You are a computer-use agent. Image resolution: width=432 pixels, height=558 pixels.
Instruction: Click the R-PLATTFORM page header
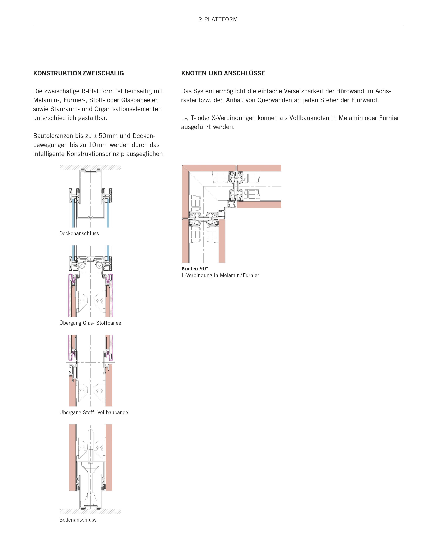click(x=218, y=19)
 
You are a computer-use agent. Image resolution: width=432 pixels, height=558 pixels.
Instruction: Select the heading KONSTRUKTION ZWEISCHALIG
click(x=78, y=73)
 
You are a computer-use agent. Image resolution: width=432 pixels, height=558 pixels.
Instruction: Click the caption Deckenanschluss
click(x=79, y=233)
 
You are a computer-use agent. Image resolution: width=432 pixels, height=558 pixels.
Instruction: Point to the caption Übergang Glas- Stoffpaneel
click(x=91, y=323)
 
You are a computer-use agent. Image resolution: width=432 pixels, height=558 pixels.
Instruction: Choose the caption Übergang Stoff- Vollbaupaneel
click(x=94, y=412)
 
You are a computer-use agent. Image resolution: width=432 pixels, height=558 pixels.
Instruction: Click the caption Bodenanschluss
click(x=78, y=520)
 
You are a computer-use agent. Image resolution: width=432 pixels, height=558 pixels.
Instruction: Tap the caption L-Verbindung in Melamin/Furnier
click(x=220, y=275)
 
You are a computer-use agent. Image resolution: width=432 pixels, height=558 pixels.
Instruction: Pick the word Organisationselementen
click(x=128, y=109)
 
